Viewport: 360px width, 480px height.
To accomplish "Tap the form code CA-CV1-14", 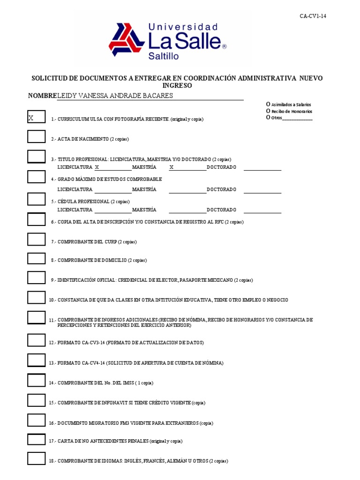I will click(313, 16).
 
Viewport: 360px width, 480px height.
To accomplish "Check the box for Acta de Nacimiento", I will click(36, 136).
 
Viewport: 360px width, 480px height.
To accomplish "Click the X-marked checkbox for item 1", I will click(36, 117).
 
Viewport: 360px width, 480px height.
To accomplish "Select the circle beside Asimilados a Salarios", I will click(268, 104).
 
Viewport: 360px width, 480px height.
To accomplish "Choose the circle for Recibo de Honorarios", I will click(268, 111).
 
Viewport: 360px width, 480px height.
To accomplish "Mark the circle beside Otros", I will click(268, 118).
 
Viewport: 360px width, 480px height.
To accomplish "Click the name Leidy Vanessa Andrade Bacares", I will click(115, 96).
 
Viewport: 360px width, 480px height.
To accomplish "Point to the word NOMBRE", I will click(42, 96).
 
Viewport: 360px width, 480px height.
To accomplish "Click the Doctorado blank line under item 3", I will click(262, 168).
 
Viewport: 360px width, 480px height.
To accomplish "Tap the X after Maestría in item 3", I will click(172, 167).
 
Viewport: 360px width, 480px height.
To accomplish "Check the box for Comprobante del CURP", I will click(36, 239).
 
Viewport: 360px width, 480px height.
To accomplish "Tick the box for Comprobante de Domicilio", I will click(36, 258).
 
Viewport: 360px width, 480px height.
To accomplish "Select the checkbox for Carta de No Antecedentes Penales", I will click(36, 439).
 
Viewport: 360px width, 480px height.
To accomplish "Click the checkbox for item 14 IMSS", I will click(36, 380).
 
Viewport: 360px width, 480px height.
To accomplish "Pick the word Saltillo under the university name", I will click(163, 56).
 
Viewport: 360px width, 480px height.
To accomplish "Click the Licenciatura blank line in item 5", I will click(112, 211).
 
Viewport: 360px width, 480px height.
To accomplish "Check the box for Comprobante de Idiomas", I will click(36, 458).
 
